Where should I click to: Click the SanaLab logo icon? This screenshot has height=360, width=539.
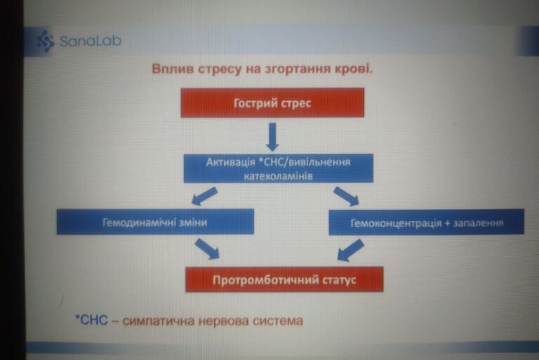(46, 41)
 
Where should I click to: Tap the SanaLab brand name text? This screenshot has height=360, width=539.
(90, 41)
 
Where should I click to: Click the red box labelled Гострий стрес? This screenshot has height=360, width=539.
(272, 102)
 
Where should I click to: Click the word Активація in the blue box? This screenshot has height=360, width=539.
(231, 162)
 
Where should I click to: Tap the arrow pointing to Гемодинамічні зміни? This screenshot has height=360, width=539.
(205, 196)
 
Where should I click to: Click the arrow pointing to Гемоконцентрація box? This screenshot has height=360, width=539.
(347, 196)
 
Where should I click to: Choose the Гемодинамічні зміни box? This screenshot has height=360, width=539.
(155, 222)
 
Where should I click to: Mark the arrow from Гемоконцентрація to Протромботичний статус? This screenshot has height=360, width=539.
(351, 250)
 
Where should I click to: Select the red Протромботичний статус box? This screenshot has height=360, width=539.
(284, 279)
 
